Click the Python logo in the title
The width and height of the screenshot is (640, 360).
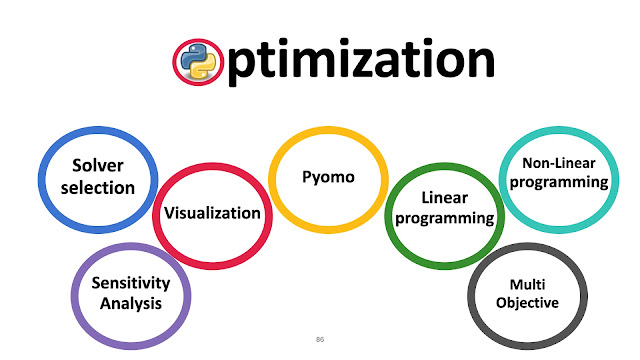198,62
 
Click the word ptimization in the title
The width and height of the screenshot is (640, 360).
361,61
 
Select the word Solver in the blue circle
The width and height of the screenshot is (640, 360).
98,165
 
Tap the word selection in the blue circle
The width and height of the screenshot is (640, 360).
98,188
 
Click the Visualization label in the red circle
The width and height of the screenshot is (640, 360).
212,213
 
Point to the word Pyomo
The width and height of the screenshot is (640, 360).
328,178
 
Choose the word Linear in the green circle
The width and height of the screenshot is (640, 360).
444,198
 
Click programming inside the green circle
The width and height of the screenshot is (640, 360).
444,218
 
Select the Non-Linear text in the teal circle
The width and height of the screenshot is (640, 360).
559,163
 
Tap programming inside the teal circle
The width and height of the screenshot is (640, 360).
559,182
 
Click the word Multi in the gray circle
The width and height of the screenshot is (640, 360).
527,284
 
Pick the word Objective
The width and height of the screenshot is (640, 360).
527,303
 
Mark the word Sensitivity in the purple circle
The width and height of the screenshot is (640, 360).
131,283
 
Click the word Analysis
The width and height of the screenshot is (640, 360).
131,304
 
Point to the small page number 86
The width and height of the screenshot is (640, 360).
320,339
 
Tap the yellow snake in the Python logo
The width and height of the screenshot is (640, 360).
204,68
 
